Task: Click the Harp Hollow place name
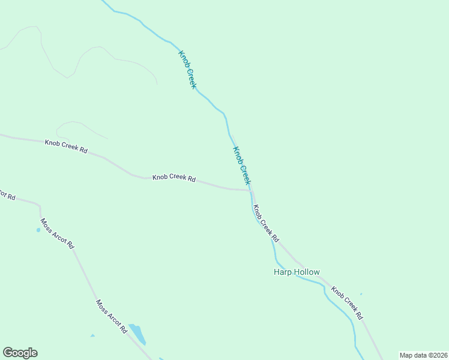[x=297, y=272]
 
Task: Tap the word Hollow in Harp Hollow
[x=306, y=272]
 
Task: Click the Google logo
[x=20, y=353]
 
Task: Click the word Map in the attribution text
[x=406, y=355]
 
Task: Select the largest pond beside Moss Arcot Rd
[x=137, y=334]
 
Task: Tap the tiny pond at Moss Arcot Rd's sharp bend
[x=38, y=230]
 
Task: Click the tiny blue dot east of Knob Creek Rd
[x=361, y=294]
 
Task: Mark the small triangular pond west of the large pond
[x=92, y=335]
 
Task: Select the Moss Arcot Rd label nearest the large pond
[x=112, y=316]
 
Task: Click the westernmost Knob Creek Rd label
[x=66, y=146]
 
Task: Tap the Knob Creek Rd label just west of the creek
[x=174, y=178]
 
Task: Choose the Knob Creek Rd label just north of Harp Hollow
[x=266, y=223]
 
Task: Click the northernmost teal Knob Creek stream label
[x=187, y=70]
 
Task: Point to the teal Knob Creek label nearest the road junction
[x=241, y=166]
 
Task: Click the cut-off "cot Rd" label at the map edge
[x=7, y=196]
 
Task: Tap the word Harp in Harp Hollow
[x=282, y=272]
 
